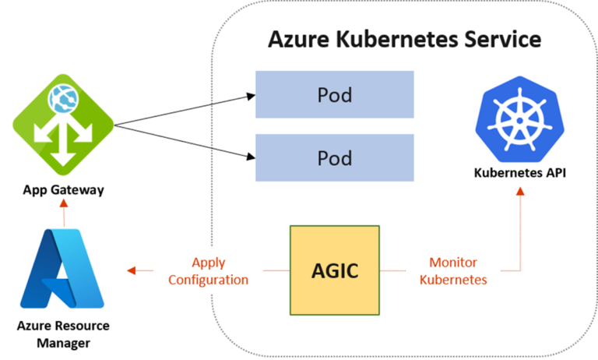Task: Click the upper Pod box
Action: (x=335, y=95)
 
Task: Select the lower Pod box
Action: (x=335, y=158)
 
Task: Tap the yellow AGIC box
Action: (x=335, y=270)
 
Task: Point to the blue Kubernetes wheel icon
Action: (x=519, y=120)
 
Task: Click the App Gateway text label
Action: (x=63, y=189)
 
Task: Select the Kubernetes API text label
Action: (x=519, y=172)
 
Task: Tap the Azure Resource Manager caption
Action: (x=63, y=334)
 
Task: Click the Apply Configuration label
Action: (x=208, y=271)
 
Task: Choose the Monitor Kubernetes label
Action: (x=453, y=271)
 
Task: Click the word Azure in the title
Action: (x=298, y=40)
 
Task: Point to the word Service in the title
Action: (x=498, y=40)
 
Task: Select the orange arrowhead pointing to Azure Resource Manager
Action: (x=131, y=270)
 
